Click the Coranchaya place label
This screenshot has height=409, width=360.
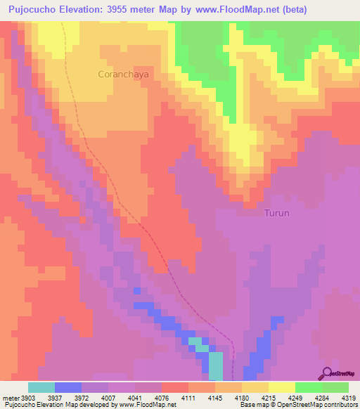[x=120, y=73]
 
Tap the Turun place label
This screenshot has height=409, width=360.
[x=276, y=212]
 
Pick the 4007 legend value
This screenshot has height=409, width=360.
[x=109, y=396]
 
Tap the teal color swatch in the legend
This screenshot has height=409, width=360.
[x=41, y=387]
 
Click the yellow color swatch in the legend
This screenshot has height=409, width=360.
[x=281, y=387]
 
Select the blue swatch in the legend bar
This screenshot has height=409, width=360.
[x=67, y=387]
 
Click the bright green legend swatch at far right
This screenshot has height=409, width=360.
[x=335, y=387]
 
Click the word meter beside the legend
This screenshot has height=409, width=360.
[x=11, y=396]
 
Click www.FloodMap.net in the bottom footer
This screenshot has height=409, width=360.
[x=148, y=405]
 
